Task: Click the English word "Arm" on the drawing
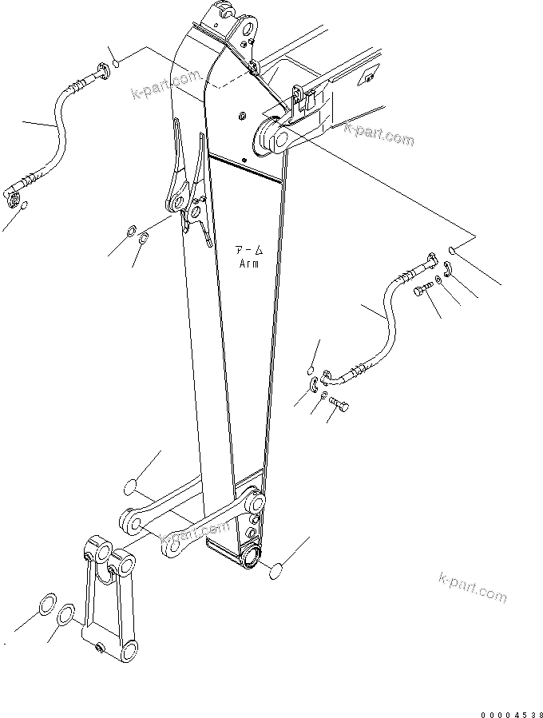[248, 264]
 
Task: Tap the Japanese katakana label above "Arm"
[248, 249]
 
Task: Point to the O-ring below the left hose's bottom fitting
[24, 207]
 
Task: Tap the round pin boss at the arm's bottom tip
[252, 555]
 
